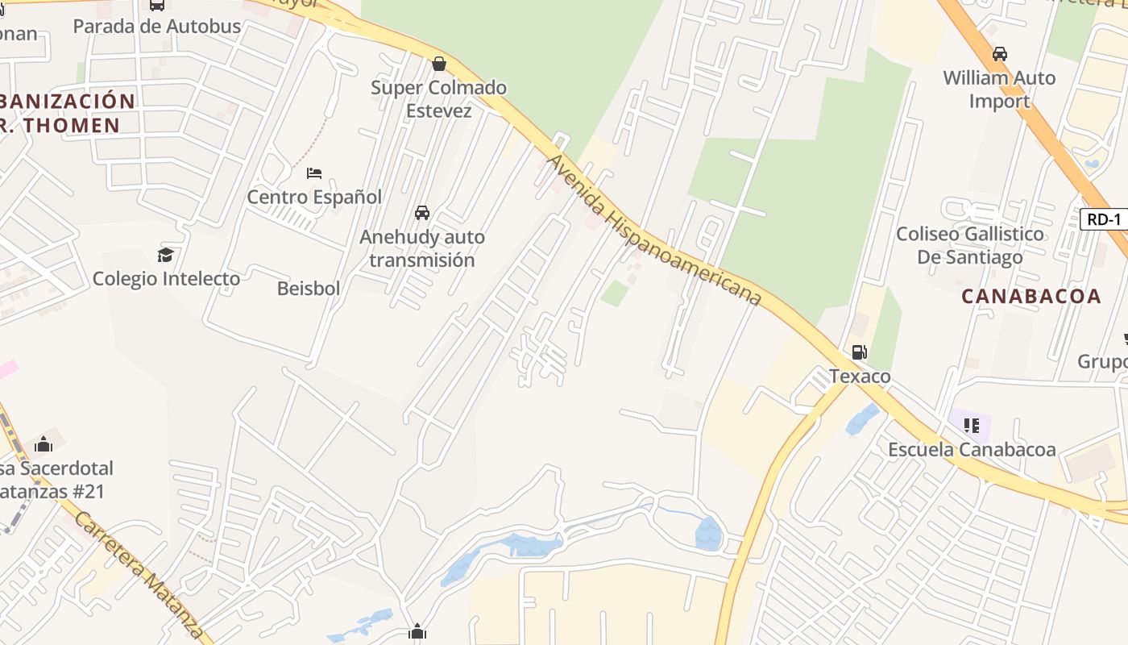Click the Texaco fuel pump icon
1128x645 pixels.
coord(860,352)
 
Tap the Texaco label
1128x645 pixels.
coord(860,377)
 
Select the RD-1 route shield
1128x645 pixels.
coord(1103,219)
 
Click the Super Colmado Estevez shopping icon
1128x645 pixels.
coord(439,63)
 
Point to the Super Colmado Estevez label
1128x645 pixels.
coord(439,98)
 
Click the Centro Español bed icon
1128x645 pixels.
coord(314,173)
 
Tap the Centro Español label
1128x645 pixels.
coord(314,197)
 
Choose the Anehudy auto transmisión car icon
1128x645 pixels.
coord(421,213)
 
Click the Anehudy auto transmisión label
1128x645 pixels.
coord(422,248)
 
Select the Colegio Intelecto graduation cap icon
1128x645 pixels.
coord(166,255)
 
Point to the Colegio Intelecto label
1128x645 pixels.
coord(166,279)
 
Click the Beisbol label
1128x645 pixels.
coord(309,288)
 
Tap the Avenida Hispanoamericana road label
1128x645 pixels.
coord(653,230)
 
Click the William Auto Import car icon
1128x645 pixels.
coord(999,54)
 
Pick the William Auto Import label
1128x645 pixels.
coord(999,89)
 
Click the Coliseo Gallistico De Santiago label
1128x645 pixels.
coord(970,245)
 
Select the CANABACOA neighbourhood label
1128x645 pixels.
coord(1031,296)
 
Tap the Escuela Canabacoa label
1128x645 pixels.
coord(972,450)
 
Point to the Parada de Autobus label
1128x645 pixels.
coord(157,26)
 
